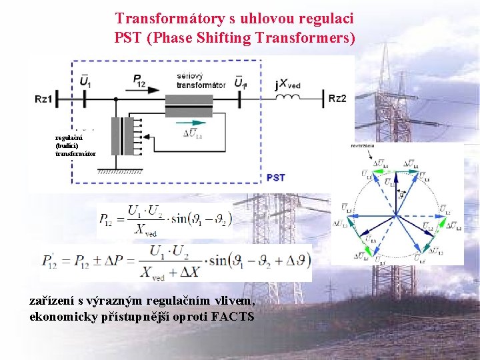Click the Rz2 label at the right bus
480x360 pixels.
click(337, 99)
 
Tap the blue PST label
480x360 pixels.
click(275, 177)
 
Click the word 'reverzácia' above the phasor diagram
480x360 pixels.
click(362, 145)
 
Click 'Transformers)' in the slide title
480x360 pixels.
click(310, 37)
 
